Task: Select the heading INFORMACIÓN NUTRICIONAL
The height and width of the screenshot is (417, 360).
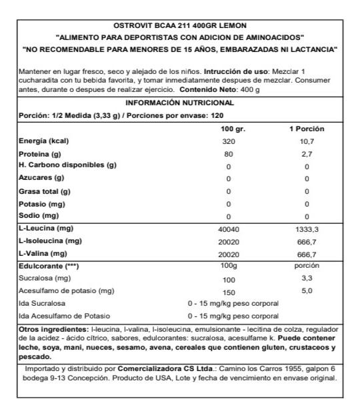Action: tap(180, 103)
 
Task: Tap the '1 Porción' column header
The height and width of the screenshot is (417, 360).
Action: tap(306, 129)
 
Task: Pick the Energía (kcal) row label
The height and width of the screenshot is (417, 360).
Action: tap(45, 141)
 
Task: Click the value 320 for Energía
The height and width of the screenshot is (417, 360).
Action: tap(228, 141)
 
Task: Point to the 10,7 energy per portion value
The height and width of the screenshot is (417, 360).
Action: tap(307, 141)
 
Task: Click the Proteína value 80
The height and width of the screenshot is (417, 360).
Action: tap(228, 154)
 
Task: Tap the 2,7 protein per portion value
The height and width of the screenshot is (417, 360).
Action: tap(307, 154)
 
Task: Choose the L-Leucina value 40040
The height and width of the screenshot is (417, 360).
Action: tap(228, 229)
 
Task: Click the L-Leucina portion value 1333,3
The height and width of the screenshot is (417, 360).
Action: tap(307, 229)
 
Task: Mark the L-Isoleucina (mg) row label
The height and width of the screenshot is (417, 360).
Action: tap(50, 241)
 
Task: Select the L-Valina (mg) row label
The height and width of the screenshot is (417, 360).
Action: tap(44, 254)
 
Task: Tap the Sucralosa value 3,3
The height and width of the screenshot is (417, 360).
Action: tap(307, 279)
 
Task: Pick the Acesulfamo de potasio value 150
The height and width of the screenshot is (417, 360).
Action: tap(228, 291)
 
